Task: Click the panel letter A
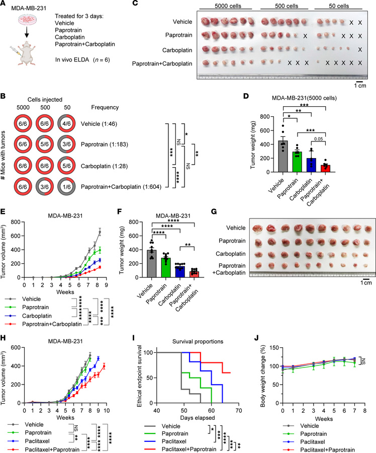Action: coord(5,5)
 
